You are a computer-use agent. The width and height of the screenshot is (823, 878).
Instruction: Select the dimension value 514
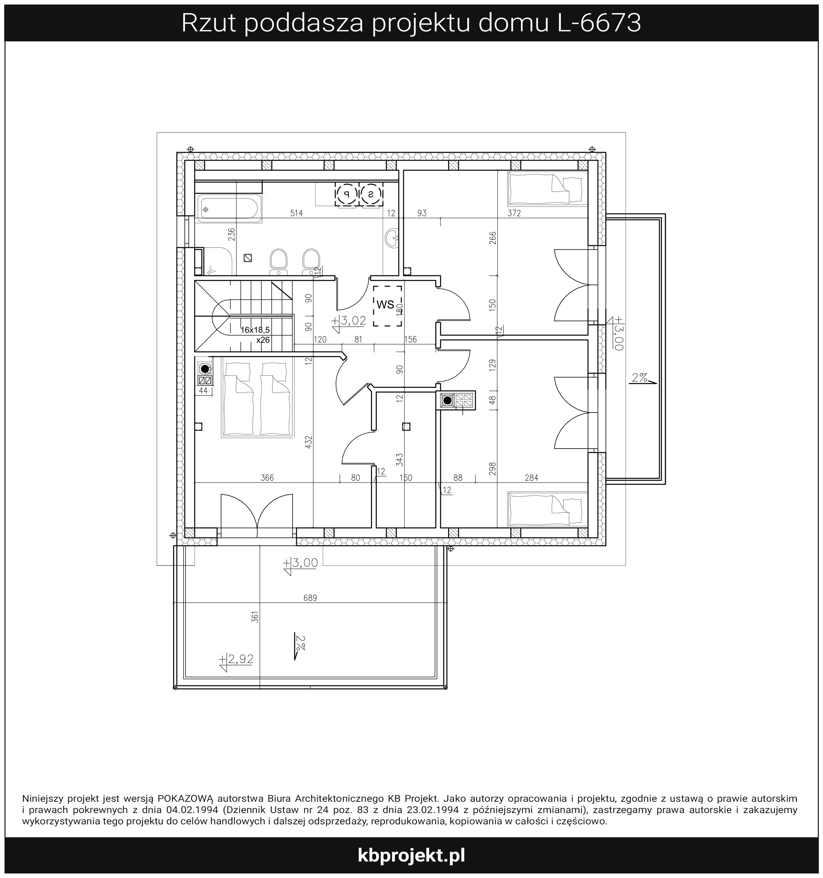point(296,213)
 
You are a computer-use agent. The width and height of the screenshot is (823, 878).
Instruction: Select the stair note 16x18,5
point(255,330)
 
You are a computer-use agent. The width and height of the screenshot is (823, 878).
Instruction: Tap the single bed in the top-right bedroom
point(547,188)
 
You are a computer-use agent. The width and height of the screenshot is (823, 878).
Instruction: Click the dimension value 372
point(514,213)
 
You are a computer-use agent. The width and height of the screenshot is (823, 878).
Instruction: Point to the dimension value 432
point(309,442)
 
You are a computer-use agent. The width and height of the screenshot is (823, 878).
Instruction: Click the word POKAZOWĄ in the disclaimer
point(186,798)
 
